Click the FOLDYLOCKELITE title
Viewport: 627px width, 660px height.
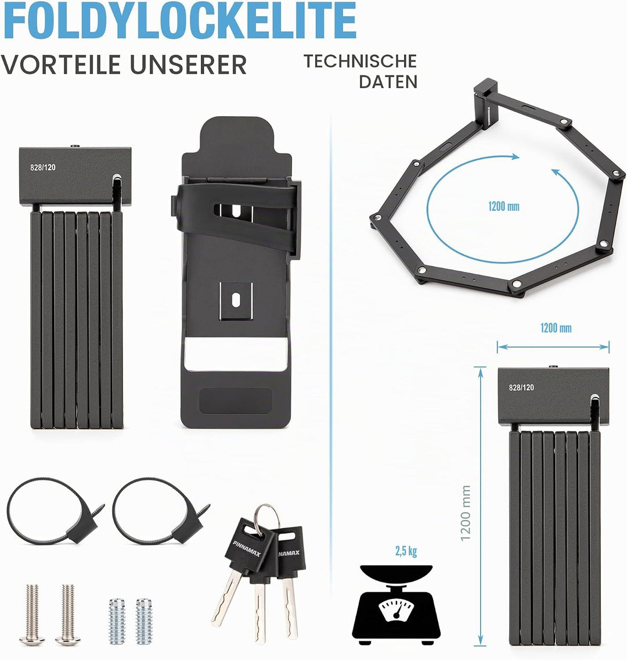[179, 20]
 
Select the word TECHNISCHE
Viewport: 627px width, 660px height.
[361, 61]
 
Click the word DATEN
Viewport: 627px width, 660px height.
[388, 82]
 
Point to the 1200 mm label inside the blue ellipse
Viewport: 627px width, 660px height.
[503, 206]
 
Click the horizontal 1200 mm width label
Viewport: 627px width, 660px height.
[556, 328]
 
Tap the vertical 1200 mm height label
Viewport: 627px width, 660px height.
[466, 513]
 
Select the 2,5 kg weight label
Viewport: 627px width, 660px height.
[406, 551]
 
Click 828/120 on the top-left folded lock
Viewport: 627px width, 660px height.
[42, 167]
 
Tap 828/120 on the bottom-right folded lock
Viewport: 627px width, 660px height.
[521, 388]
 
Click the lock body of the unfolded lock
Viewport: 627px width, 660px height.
[487, 103]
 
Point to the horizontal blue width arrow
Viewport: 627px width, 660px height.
[553, 347]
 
